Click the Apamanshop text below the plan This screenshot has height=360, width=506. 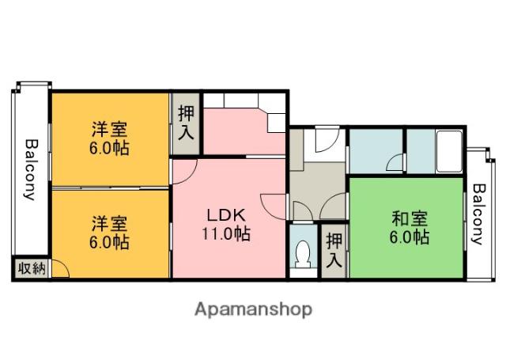pos(253,308)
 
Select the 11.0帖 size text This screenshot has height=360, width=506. pos(228,233)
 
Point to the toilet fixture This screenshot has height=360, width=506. pos(300,255)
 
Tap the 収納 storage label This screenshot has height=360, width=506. pos(31,268)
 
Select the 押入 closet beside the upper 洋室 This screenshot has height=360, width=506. pos(185,123)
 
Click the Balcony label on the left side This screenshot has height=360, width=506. pos(30,170)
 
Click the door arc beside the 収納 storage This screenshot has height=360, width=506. pos(60,269)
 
